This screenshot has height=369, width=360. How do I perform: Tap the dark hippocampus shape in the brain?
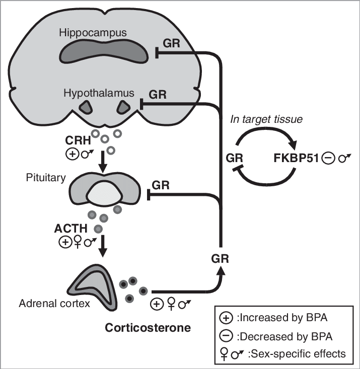click(106, 52)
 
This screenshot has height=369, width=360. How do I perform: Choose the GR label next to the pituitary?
click(161, 185)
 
